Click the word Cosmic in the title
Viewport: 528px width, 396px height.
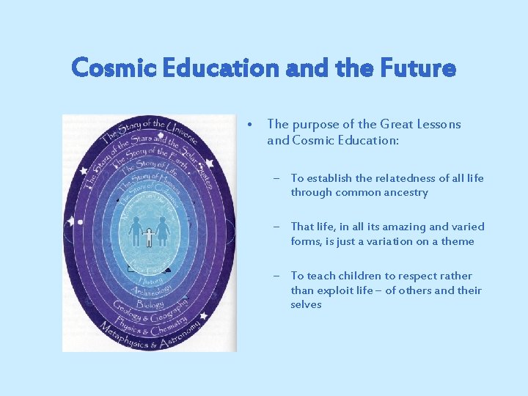click(111, 69)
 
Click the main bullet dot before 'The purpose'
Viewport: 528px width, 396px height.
click(252, 125)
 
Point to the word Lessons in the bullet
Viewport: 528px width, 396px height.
click(439, 125)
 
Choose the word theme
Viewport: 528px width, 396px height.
click(458, 241)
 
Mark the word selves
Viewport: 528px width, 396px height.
click(306, 304)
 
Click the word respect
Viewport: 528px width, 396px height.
click(416, 276)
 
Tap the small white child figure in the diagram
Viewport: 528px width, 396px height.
click(149, 236)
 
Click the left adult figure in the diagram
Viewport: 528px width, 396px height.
click(135, 230)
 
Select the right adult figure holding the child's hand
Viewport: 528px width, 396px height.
click(163, 230)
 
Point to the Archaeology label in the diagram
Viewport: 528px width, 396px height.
click(150, 289)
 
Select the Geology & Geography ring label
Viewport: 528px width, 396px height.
click(150, 312)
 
